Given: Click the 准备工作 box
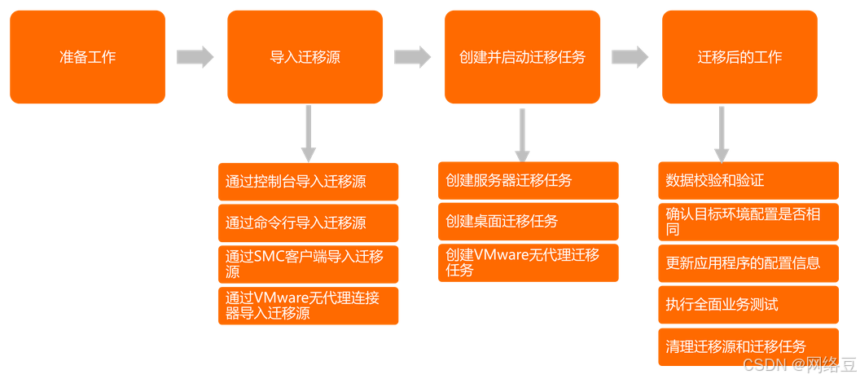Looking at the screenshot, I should [87, 57].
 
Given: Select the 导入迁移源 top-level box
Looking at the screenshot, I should [305, 57].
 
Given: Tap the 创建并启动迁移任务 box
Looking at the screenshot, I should [522, 57].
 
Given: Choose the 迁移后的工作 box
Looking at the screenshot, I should [739, 57].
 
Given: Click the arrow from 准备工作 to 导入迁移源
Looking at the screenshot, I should [195, 57].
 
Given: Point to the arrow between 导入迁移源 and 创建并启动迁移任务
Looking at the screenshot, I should [412, 57].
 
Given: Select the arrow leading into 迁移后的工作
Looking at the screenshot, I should [630, 57].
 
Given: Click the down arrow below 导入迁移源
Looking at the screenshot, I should [308, 134].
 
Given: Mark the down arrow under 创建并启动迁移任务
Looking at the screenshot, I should [522, 134].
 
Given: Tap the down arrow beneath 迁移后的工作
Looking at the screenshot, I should [721, 134].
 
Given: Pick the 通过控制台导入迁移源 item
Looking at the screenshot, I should [308, 182].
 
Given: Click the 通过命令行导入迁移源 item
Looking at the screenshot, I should [308, 223].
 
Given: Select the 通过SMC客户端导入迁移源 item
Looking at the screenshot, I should [308, 263].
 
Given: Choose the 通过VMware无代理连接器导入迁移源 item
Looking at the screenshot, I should [308, 306].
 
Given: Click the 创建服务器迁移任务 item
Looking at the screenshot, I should [528, 181].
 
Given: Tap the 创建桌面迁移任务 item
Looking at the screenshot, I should [528, 222].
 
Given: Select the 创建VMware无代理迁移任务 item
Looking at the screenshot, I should [528, 262].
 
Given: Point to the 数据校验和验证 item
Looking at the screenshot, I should [748, 181].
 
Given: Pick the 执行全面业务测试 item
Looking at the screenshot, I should [748, 305].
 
